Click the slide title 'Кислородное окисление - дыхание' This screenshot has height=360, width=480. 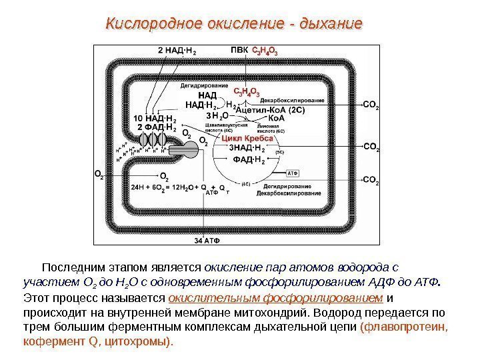click(234, 25)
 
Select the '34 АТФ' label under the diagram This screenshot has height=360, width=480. click(207, 239)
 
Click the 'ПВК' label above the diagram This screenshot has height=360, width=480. click(238, 49)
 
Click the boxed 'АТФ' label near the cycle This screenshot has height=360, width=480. click(292, 172)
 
